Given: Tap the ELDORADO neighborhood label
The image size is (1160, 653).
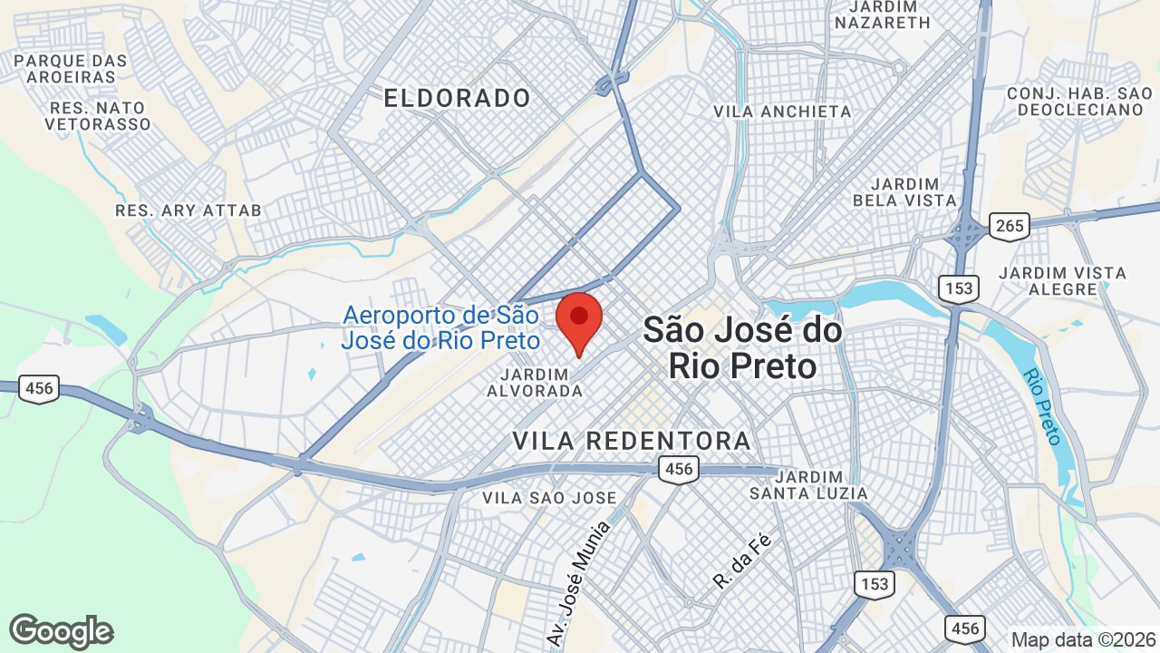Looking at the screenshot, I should [x=457, y=98].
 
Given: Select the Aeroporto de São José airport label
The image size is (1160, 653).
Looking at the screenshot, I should [x=440, y=328].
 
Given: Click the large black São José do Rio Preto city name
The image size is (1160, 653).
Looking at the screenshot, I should [x=742, y=348].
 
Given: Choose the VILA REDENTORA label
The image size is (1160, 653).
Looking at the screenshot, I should [x=632, y=442].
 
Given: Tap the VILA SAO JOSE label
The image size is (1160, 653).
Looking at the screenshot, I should [x=549, y=498].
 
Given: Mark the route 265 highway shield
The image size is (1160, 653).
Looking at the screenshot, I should [x=1009, y=226].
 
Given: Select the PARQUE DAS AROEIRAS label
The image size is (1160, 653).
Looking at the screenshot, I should [x=72, y=69].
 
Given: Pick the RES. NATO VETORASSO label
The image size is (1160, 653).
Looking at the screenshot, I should [x=98, y=116].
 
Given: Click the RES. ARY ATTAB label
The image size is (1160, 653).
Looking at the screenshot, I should [x=188, y=210].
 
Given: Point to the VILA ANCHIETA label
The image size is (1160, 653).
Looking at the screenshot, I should [x=783, y=112].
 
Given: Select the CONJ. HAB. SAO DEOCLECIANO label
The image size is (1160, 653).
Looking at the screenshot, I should [x=1079, y=102].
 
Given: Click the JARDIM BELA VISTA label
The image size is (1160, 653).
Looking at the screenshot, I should [x=904, y=191].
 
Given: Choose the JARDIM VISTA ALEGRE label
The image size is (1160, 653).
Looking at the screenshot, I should [x=1062, y=281].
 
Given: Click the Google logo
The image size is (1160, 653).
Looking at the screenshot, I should [x=61, y=631].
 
